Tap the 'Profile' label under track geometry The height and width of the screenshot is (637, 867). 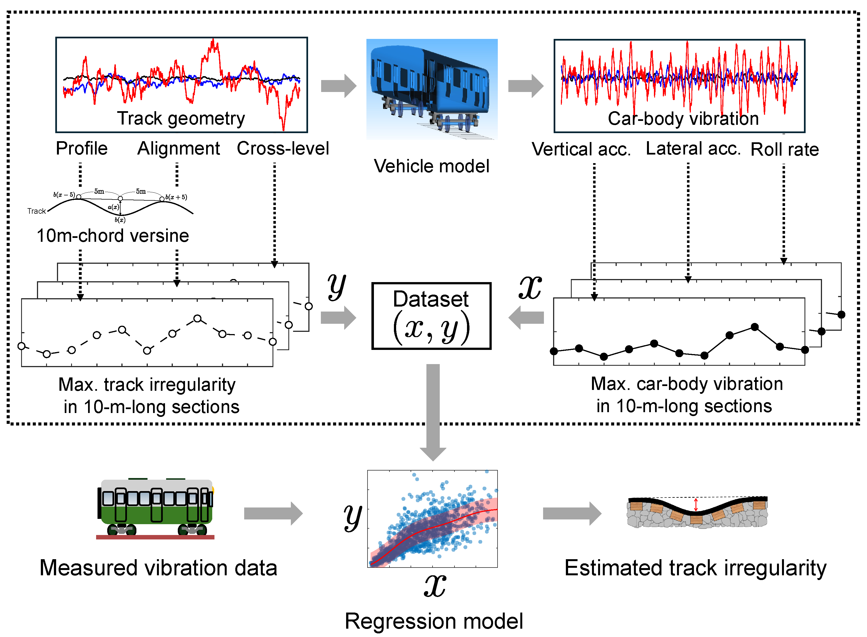tap(82, 148)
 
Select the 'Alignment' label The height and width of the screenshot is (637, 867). tap(178, 148)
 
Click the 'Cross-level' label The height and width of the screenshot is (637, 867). tap(283, 148)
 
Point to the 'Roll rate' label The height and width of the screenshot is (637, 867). tap(784, 149)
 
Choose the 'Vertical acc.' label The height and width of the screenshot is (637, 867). tap(581, 149)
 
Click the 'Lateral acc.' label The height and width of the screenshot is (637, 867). tap(693, 148)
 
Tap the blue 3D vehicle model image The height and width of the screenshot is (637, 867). tap(432, 89)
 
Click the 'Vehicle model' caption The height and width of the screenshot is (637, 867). tap(431, 166)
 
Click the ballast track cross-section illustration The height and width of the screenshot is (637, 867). tap(697, 512)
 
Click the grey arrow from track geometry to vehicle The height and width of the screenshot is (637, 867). tap(338, 86)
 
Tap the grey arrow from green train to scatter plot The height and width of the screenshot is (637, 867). tap(273, 513)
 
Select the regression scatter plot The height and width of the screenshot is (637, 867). tap(432, 519)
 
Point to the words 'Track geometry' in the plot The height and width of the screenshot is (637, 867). tap(181, 118)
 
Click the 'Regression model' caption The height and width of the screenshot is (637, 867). tap(433, 621)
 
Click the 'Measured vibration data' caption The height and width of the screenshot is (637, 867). tap(158, 568)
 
